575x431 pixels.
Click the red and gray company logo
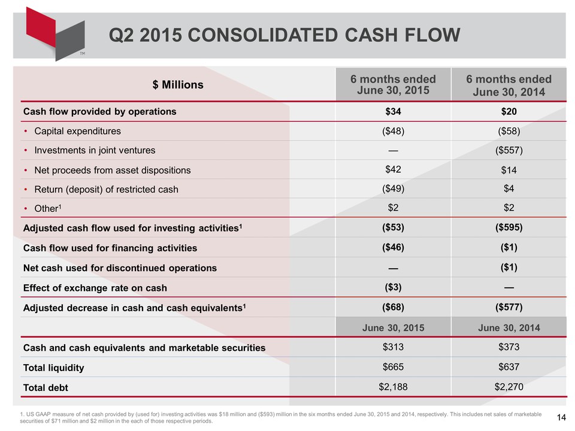(55, 34)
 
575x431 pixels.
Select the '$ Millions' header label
(178, 84)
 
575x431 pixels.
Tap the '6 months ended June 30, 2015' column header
(393, 84)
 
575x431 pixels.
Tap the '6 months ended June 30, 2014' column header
(509, 85)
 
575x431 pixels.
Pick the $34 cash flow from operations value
(393, 111)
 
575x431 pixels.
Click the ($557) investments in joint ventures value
(509, 150)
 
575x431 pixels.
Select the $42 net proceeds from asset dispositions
(393, 169)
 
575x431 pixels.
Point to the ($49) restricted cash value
(393, 189)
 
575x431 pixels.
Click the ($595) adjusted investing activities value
(509, 227)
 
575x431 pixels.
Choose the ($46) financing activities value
(393, 247)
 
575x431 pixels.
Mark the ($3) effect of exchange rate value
(393, 287)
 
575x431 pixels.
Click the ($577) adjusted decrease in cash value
(509, 307)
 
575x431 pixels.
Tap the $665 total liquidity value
(393, 367)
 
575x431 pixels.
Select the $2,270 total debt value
(509, 387)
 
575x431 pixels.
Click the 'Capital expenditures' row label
(77, 131)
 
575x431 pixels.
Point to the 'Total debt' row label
(46, 387)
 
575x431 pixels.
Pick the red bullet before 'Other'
(26, 209)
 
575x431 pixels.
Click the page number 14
(561, 417)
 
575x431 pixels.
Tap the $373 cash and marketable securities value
(509, 347)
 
